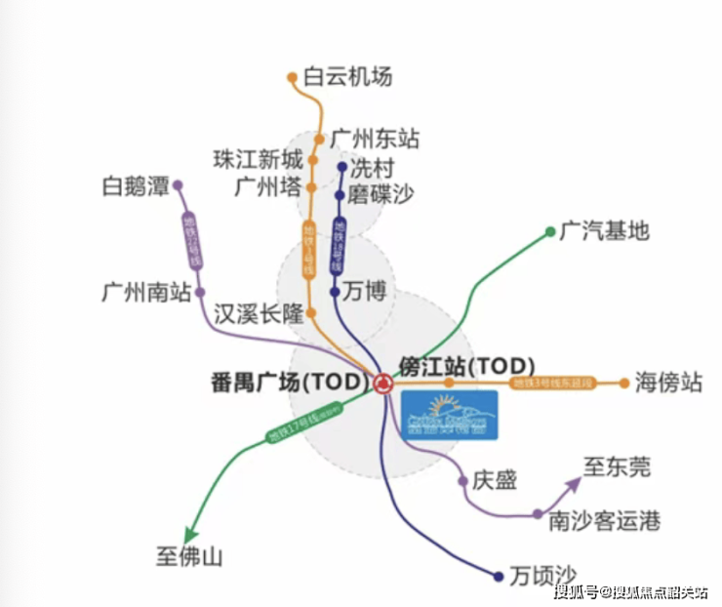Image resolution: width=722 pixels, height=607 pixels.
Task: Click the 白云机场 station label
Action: click(x=347, y=76)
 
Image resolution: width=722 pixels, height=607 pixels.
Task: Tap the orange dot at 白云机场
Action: click(x=292, y=76)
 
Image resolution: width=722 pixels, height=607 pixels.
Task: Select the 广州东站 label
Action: click(x=375, y=139)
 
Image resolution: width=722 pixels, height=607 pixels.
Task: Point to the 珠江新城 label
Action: click(x=259, y=158)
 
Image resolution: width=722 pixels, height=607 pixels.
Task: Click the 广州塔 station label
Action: click(x=267, y=186)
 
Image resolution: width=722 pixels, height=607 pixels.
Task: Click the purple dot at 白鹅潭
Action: click(x=178, y=184)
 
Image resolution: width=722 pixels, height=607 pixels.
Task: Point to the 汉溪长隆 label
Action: click(x=260, y=314)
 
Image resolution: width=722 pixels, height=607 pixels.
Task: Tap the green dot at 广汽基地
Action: click(x=550, y=231)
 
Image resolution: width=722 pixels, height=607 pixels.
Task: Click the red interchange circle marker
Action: click(x=381, y=383)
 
